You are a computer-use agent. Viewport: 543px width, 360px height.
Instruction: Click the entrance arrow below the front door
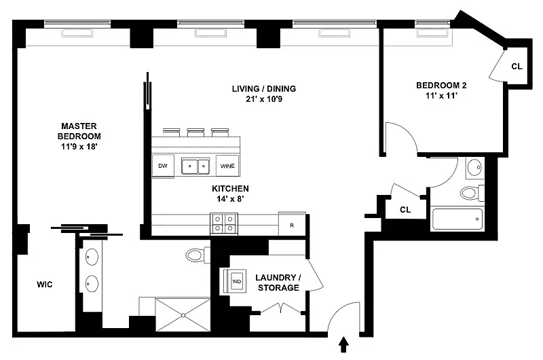click(343, 344)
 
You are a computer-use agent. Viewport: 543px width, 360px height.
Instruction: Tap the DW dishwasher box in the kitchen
click(163, 166)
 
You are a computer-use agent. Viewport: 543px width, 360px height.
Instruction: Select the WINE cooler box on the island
click(227, 166)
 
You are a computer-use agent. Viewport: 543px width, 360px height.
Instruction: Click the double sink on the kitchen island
click(195, 166)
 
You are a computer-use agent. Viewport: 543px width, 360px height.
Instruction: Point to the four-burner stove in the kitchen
click(224, 224)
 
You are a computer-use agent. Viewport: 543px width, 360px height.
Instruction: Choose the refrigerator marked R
click(292, 225)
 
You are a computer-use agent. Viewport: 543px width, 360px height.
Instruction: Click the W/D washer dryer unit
click(235, 281)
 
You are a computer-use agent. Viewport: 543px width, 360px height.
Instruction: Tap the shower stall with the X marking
click(183, 314)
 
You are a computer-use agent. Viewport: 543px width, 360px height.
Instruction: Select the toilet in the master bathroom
click(198, 255)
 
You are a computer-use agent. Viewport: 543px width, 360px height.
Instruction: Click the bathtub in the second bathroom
click(457, 219)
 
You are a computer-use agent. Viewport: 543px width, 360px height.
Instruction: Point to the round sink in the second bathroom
click(474, 168)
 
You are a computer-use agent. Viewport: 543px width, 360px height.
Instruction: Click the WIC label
click(45, 285)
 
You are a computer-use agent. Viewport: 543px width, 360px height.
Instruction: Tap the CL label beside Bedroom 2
click(517, 66)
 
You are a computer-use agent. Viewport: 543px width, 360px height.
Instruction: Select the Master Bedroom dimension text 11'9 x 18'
click(79, 147)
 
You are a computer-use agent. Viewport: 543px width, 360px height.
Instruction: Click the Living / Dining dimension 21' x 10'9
click(264, 99)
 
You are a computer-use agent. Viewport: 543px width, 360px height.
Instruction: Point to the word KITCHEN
click(230, 188)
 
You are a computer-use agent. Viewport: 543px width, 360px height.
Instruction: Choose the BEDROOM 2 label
click(441, 85)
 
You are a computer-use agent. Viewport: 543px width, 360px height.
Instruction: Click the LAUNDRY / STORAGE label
click(278, 283)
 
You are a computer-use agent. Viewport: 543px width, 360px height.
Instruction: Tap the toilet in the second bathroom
click(472, 193)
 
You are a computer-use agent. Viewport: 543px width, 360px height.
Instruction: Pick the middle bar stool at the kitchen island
click(195, 132)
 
